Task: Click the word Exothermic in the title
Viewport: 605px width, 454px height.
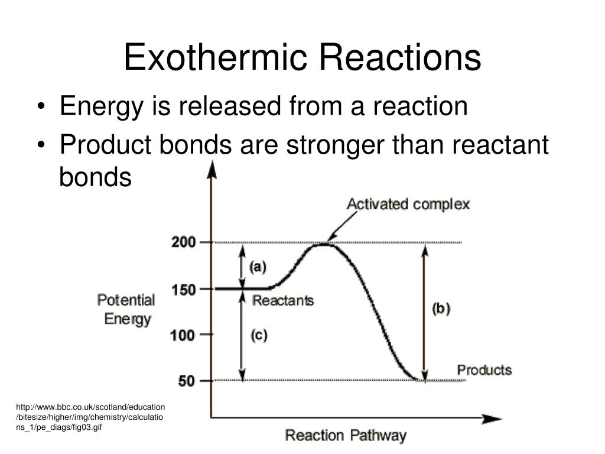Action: coord(215,57)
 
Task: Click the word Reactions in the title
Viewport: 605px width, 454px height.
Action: coord(400,57)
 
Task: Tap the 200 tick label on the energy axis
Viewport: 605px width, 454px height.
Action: coord(184,242)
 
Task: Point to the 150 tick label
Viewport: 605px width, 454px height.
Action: coord(184,290)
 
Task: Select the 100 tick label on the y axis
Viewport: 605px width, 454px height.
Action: coord(183,335)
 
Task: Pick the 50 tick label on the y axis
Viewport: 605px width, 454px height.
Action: coord(186,381)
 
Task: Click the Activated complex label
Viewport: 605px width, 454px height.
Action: coord(408,204)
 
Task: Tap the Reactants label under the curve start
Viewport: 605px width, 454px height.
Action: coord(283,300)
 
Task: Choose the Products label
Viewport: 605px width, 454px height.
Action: coord(484,370)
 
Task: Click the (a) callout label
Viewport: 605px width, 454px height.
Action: coord(258,267)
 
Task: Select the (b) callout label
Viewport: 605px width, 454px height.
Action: coord(441,309)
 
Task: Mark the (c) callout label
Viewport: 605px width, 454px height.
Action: coord(259,335)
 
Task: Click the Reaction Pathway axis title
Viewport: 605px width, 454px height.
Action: coord(346,436)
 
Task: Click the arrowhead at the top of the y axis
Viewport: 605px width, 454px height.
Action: coord(212,169)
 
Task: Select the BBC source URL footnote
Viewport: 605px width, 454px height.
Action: coord(90,417)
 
